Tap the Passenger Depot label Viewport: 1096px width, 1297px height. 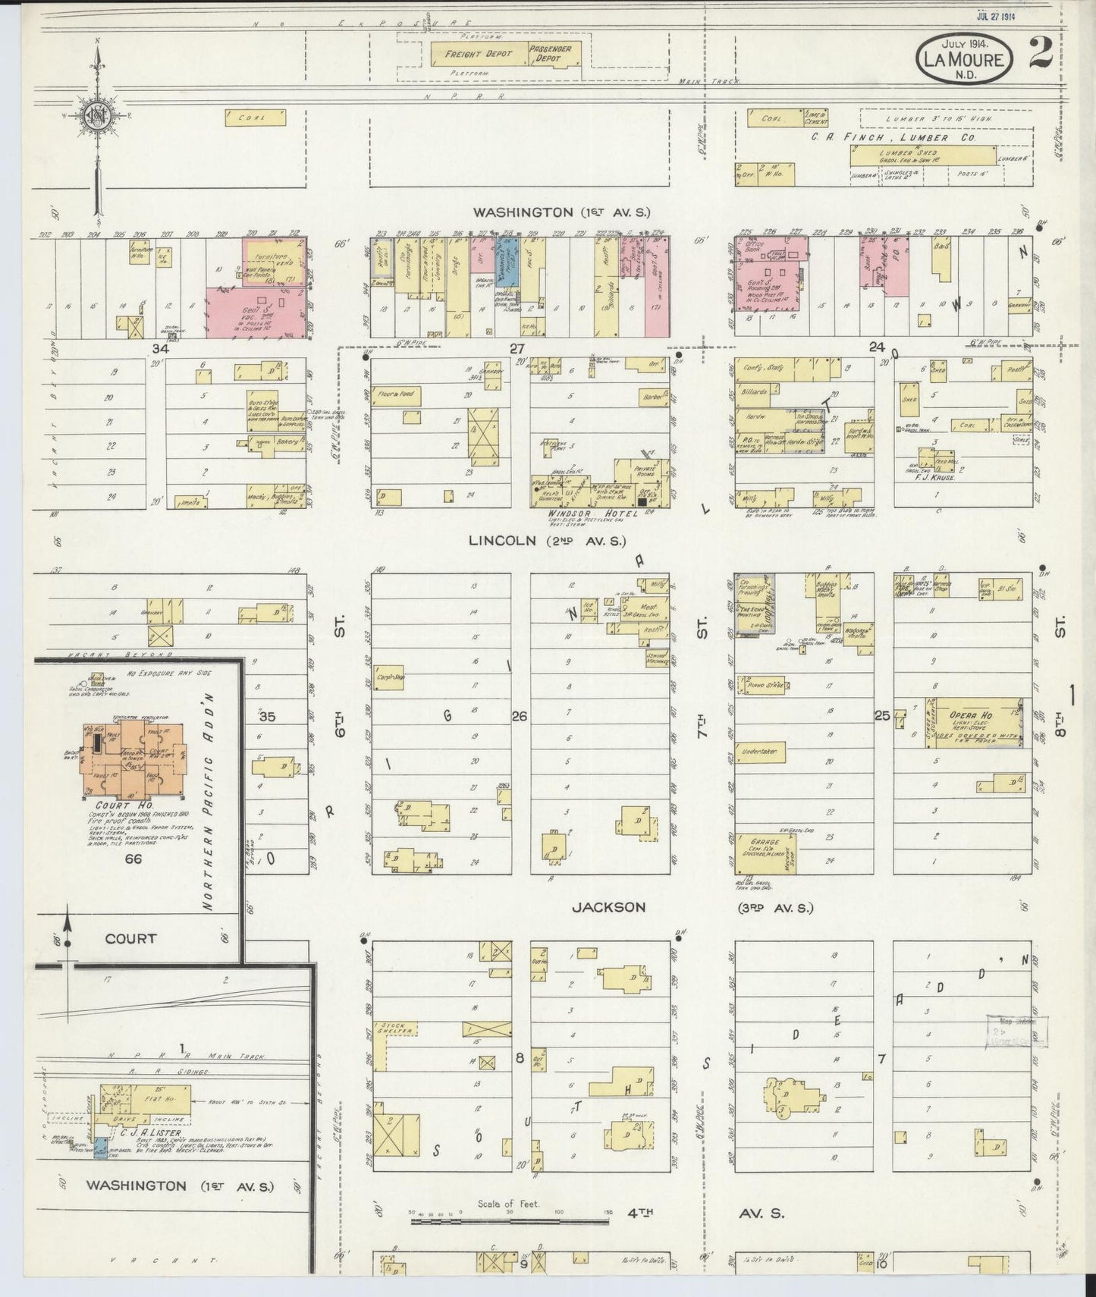pos(554,53)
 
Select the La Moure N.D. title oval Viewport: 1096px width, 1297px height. pos(964,59)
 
